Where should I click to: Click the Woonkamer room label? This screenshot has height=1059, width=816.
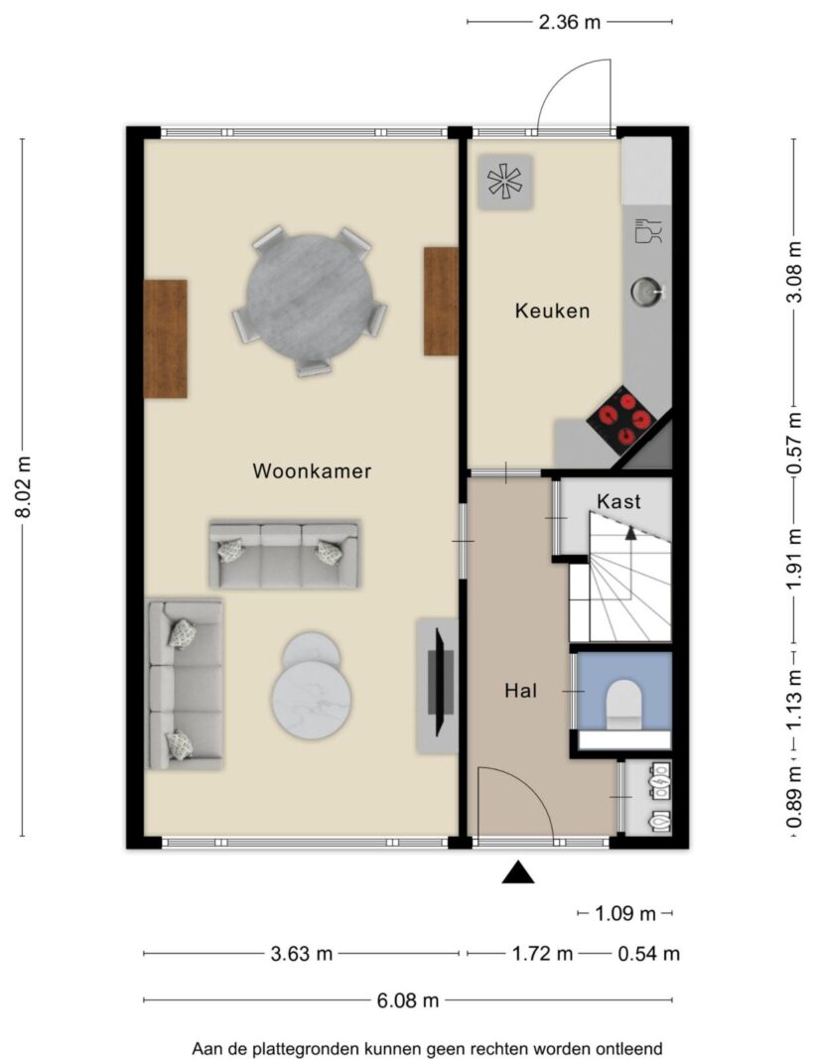312,470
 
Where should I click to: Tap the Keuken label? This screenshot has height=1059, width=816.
553,311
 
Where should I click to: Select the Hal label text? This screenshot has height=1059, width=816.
521,691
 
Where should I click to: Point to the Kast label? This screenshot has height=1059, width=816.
618,501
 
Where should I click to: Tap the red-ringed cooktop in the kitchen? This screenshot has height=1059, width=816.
621,420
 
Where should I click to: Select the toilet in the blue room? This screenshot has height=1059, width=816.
623,704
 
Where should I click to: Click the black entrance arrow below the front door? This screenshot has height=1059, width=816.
518,872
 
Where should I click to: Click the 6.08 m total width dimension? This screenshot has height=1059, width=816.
408,999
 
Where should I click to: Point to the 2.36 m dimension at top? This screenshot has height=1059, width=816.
570,22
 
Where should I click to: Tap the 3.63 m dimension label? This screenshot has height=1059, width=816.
301,954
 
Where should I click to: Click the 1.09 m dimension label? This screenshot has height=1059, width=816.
624,914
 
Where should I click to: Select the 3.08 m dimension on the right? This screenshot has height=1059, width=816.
795,273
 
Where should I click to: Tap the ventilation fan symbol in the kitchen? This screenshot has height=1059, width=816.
506,182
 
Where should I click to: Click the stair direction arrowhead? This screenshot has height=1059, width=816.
631,534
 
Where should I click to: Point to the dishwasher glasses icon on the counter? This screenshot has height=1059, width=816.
648,230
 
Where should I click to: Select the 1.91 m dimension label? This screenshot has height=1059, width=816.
795,557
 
